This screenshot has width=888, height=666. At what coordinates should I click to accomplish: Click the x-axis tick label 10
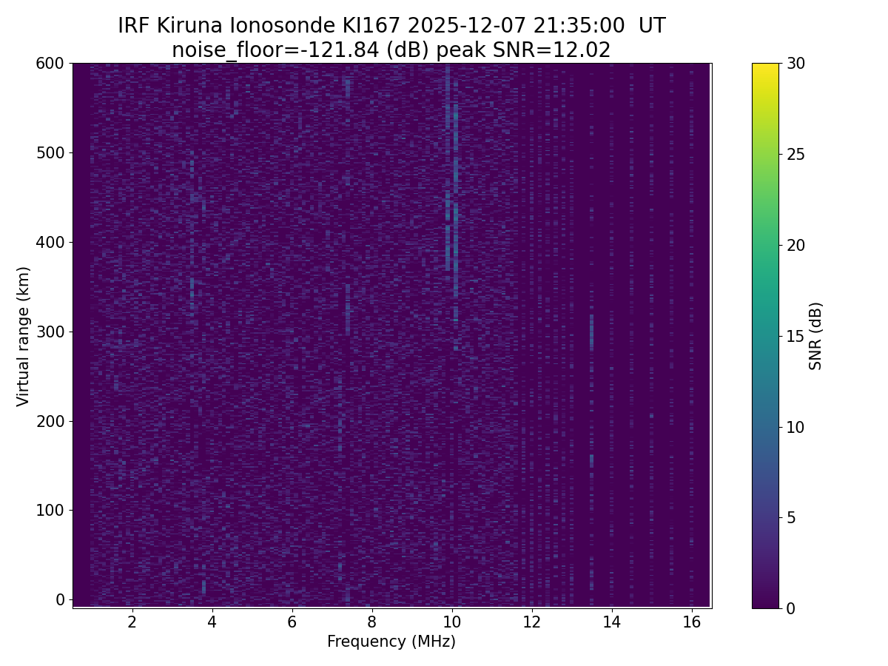[x=451, y=622]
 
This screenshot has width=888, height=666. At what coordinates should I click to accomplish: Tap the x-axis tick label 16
[x=691, y=622]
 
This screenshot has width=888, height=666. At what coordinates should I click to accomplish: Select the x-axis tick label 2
[x=132, y=622]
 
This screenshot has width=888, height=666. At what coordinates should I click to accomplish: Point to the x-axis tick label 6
[x=292, y=622]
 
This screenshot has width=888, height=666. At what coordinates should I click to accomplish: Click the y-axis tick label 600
[x=50, y=64]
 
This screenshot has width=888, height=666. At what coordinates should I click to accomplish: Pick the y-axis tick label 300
[x=50, y=332]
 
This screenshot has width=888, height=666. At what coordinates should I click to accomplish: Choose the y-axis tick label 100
[x=50, y=510]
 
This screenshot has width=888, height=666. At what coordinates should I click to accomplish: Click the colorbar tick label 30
[x=797, y=64]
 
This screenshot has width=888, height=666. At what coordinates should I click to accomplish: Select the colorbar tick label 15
[x=797, y=336]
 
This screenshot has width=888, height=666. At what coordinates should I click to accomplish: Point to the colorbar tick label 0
[x=793, y=608]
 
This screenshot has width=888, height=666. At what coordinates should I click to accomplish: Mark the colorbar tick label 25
[x=797, y=155]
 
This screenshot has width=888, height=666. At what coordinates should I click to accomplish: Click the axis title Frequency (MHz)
[x=391, y=642]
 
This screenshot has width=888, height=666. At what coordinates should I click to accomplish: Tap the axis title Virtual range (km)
[x=24, y=336]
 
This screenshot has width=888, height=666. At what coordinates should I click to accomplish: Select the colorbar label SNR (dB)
[x=815, y=336]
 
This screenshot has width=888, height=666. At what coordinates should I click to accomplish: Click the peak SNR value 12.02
[x=583, y=50]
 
